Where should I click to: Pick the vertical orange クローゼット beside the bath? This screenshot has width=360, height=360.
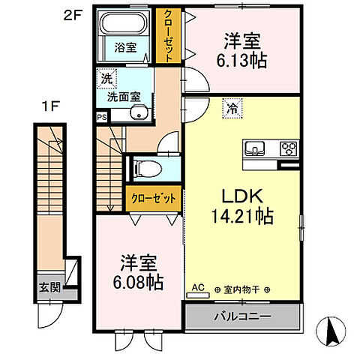tap(168, 34)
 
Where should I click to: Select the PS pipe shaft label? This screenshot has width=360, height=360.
tap(101, 117)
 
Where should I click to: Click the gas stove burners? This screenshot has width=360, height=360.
tap(289, 148)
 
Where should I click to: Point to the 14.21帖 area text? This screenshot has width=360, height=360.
tap(242, 216)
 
